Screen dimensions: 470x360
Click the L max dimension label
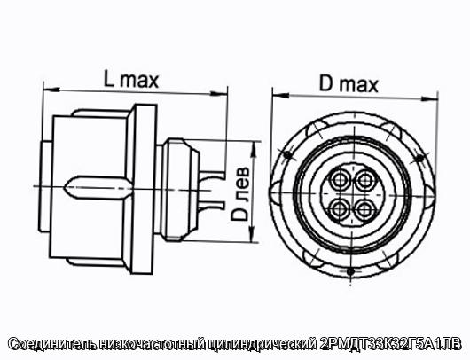pos(131,79)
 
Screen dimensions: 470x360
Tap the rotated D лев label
pos(240,193)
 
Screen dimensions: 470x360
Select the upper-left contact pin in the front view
pos(340,180)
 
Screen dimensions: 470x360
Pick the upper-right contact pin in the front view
pos(365,181)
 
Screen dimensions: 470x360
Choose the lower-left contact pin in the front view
pos(340,209)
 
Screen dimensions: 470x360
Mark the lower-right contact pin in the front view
pos(364,210)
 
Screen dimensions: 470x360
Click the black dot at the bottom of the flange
pos(349,271)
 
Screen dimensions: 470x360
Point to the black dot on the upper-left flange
pos(287,154)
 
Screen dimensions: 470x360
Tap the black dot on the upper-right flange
pos(420,158)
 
